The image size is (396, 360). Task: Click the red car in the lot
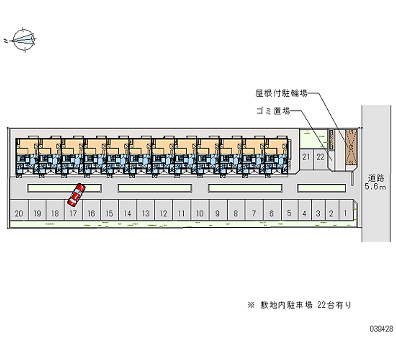(x=77, y=195)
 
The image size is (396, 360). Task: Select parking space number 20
(x=19, y=213)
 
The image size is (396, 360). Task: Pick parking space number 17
(x=73, y=213)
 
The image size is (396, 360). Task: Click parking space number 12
(x=163, y=213)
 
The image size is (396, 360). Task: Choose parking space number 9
(x=217, y=213)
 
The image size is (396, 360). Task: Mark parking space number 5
(x=289, y=213)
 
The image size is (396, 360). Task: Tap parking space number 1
(x=345, y=213)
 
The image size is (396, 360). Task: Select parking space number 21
(x=306, y=157)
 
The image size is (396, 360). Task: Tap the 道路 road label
(x=374, y=178)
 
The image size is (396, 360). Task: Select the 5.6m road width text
(x=374, y=187)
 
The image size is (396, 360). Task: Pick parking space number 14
(x=127, y=213)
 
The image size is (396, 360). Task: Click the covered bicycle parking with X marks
(x=350, y=147)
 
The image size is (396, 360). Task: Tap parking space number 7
(x=253, y=213)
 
